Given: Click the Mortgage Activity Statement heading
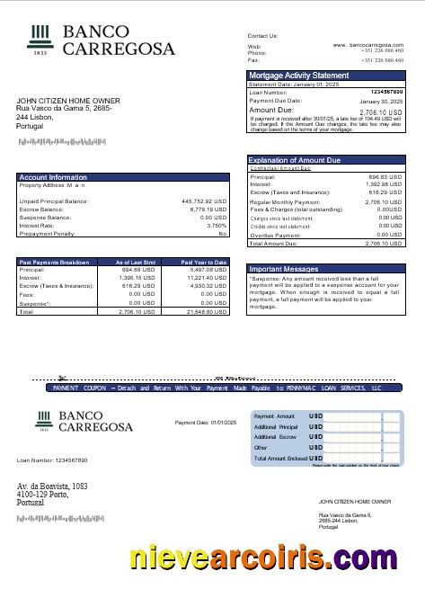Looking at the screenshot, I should (x=298, y=76).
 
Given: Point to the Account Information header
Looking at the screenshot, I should (x=53, y=177).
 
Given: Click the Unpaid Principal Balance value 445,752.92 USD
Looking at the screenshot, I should (x=204, y=201).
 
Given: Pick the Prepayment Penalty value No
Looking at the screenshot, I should (x=223, y=233).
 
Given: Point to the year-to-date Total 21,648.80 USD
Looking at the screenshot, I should (x=207, y=311).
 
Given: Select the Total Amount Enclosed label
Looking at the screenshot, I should (x=280, y=458).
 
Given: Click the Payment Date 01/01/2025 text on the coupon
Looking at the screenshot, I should (x=205, y=422).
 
